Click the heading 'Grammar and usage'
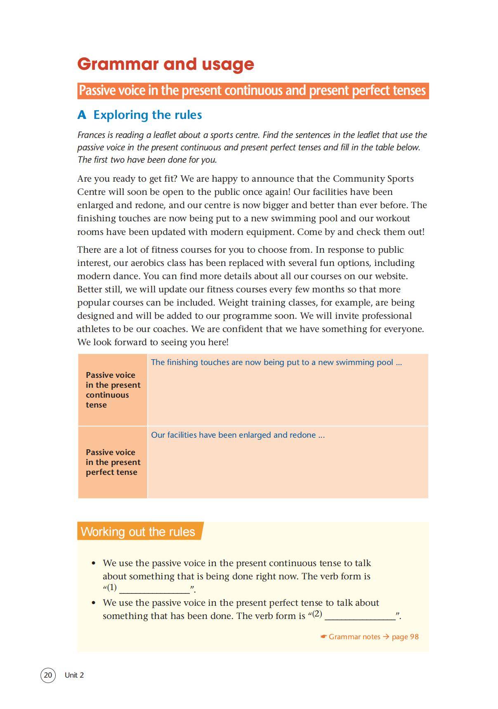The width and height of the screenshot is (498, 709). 165,64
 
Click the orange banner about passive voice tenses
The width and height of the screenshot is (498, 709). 253,90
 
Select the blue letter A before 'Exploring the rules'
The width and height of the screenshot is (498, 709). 82,115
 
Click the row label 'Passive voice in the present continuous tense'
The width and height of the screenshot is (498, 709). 113,390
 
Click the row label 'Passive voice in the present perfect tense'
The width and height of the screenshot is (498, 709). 113,462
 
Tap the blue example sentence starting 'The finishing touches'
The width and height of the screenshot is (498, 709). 276,363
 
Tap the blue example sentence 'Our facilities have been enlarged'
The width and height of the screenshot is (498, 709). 238,435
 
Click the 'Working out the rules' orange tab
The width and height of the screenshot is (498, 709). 138,531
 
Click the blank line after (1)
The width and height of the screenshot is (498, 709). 154,589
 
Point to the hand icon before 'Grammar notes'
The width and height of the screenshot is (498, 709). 323,637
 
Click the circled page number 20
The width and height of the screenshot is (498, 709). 48,675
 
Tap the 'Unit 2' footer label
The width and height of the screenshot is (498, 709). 74,675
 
